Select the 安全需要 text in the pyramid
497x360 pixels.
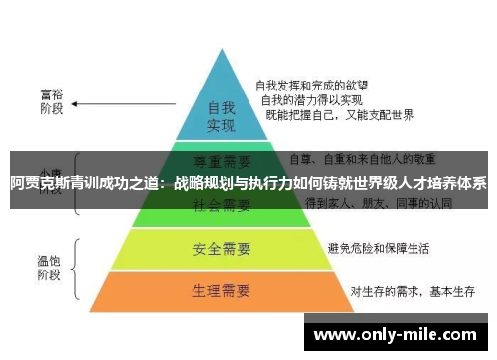pos(220,247)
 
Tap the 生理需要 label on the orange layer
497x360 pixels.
pos(220,292)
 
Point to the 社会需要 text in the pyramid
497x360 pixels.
pos(220,205)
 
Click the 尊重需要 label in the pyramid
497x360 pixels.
pos(220,159)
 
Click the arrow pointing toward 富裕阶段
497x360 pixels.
pos(104,102)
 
